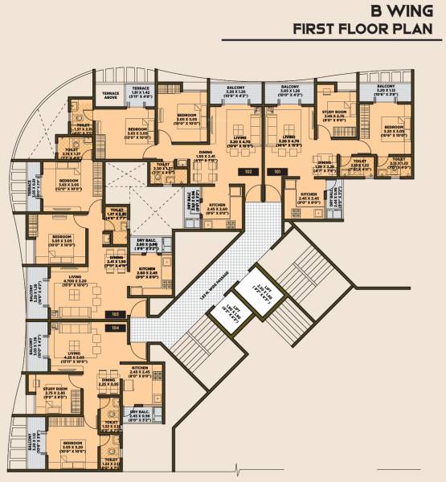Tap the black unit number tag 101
(x=277, y=171)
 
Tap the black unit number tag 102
(x=249, y=171)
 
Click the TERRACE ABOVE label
(x=110, y=95)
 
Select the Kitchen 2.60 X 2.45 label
(x=145, y=271)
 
